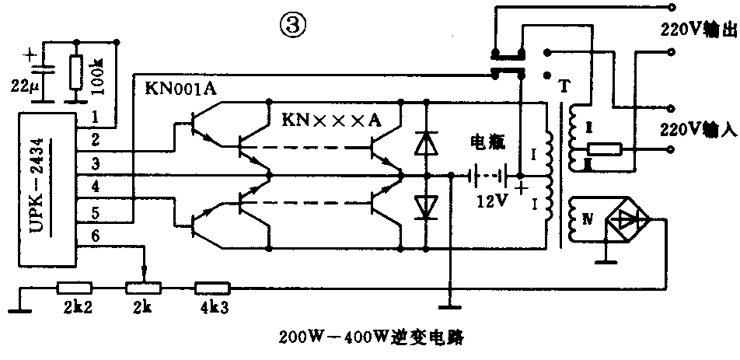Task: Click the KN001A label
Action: click(180, 88)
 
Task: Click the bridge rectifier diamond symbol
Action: click(627, 220)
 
